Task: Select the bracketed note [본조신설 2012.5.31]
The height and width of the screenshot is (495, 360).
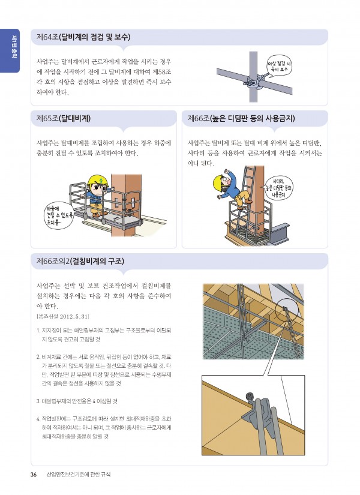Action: [x=64, y=316]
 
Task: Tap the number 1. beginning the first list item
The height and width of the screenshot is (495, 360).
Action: [x=38, y=329]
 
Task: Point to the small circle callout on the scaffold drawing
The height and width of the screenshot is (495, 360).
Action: [x=286, y=312]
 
